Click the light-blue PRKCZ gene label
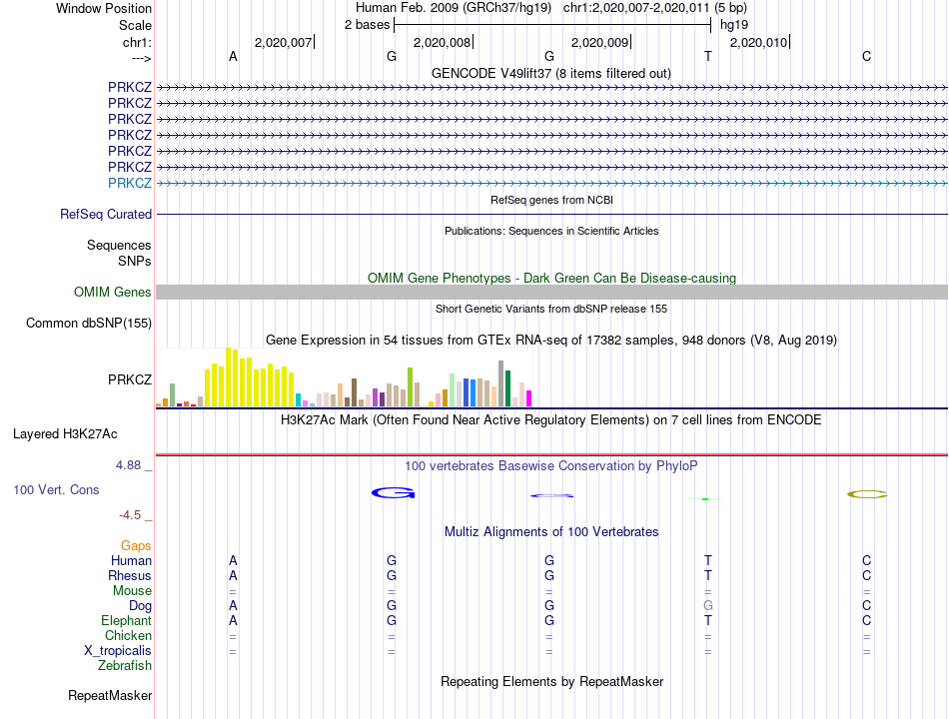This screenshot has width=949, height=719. coord(130,183)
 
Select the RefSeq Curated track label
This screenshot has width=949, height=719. coord(106,214)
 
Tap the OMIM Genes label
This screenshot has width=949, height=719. coord(113,292)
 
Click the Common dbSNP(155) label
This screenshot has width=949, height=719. coord(89,323)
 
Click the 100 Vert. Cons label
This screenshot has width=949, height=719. coord(56,490)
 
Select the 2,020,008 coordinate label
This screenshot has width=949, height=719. coord(441,42)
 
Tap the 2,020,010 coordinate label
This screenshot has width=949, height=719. coord(758,42)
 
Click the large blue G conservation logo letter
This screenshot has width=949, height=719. coord(392,492)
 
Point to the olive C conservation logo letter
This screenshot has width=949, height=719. coord(866,493)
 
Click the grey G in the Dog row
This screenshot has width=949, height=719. coord(708,605)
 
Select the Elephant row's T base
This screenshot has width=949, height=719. coord(708,620)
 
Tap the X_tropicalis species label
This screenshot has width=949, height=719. coord(118,650)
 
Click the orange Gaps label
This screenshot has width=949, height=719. coord(136,545)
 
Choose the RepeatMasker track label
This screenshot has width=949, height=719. coord(110,695)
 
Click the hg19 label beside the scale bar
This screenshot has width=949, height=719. coord(734,25)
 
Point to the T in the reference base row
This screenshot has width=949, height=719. coord(708,56)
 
